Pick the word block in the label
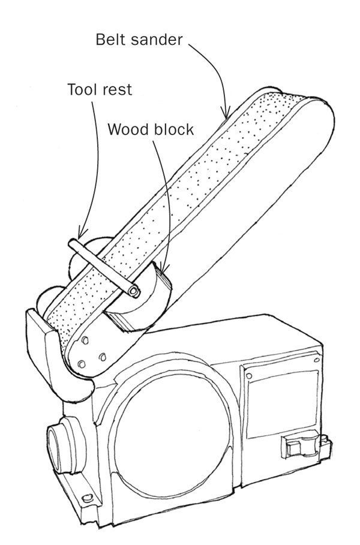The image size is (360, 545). click(x=173, y=129)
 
